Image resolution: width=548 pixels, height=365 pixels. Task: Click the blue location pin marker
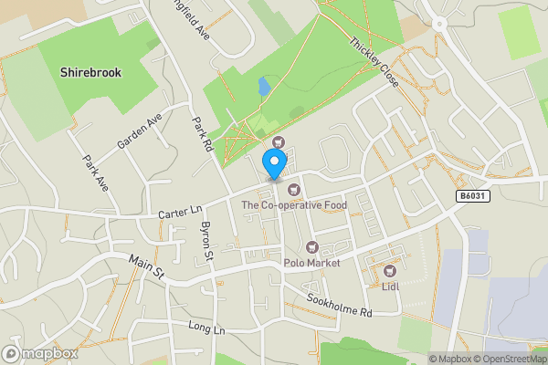[273, 165]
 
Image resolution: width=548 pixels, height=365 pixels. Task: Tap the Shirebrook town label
[90, 72]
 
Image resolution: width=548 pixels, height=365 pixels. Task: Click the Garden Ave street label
[139, 131]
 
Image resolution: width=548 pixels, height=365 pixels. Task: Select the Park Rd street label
[202, 134]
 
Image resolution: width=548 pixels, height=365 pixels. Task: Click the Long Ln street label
[205, 327]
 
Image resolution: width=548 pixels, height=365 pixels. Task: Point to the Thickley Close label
[374, 62]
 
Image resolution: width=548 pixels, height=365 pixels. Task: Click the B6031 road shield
[471, 196]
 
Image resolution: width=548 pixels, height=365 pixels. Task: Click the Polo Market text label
[311, 263]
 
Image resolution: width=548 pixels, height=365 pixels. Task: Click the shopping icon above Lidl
[390, 270]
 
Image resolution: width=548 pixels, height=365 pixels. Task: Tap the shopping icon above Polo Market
[311, 247]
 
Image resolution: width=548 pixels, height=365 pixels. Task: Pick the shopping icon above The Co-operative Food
[293, 190]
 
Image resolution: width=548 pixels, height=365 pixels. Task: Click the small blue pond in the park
[264, 88]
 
